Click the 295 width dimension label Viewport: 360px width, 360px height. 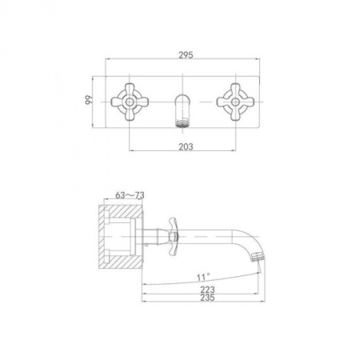[x=186, y=55]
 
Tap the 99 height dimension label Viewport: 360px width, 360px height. [x=89, y=100]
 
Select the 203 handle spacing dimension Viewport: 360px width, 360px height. [x=186, y=146]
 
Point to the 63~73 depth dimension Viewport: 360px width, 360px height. [x=130, y=195]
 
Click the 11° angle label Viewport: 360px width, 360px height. [x=203, y=277]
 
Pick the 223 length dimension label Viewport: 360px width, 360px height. [x=207, y=290]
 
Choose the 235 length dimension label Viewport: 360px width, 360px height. [x=207, y=298]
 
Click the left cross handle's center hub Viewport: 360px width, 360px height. [x=130, y=102]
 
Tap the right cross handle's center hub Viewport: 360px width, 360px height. [x=235, y=102]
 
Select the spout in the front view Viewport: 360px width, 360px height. [x=182, y=110]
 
